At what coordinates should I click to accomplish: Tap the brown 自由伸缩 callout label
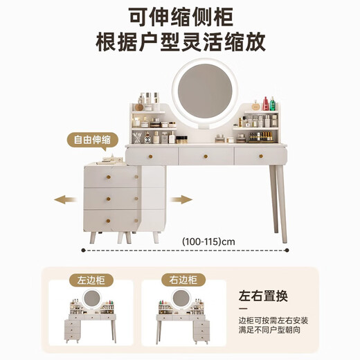point(91,140)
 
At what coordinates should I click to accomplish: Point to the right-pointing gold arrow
point(182,200)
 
